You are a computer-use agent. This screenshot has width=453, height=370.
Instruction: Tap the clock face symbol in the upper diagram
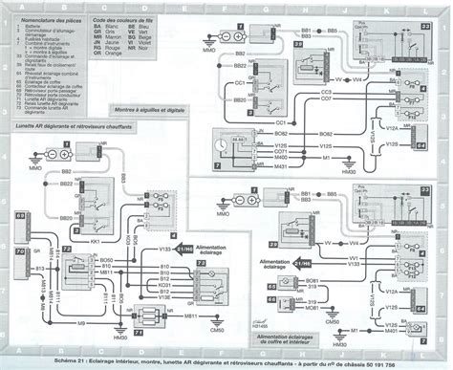[x=225, y=145]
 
